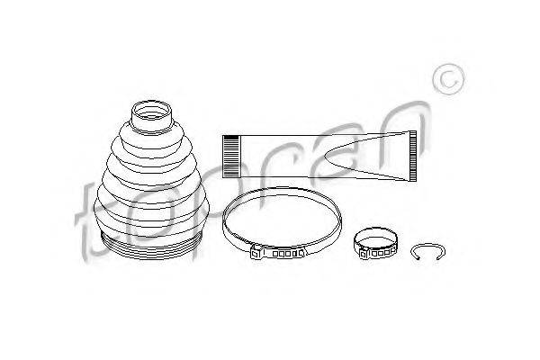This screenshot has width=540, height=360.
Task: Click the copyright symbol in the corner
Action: click(448, 79)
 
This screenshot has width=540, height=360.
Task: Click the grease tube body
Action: click(319, 157)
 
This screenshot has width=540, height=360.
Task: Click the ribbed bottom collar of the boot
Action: click(151, 247)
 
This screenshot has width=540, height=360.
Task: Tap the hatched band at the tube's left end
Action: click(230, 157)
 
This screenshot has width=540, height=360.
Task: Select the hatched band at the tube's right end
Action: click(412, 156)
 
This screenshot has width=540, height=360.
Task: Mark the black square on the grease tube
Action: click(230, 137)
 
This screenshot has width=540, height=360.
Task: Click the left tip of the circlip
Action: click(418, 258)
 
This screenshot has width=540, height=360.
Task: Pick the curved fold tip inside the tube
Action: click(325, 157)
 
